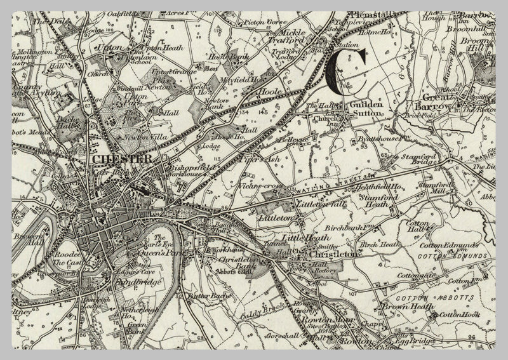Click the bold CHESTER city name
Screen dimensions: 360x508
(x=121, y=158)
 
